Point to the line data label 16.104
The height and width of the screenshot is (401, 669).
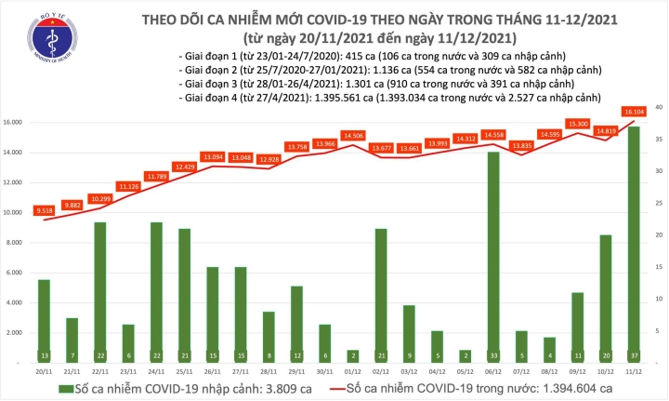click(634, 111)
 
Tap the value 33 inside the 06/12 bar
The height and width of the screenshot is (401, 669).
click(492, 355)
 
